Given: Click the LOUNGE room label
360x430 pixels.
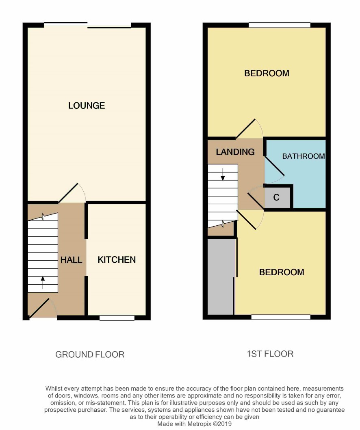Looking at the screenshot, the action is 87,106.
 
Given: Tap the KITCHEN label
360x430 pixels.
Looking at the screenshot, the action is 117,260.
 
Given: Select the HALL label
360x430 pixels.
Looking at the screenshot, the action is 72,260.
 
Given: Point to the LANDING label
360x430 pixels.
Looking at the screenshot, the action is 235,152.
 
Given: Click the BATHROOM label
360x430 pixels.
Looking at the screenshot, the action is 304,156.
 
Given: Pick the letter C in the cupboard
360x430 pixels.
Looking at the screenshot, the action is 276,197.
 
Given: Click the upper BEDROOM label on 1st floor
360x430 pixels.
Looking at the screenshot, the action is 267,73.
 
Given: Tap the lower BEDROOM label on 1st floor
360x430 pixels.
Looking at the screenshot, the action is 282,272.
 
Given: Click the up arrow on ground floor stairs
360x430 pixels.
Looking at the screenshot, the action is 43,283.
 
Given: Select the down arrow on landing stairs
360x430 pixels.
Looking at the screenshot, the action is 223,175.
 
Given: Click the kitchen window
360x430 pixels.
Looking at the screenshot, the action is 117,318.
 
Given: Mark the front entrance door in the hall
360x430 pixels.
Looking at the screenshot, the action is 39,309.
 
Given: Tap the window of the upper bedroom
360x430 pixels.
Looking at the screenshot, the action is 280,25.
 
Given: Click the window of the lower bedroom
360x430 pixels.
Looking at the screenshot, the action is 281,317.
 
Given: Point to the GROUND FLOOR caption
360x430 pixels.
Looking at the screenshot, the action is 90,354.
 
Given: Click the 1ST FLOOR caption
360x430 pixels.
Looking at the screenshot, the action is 270,354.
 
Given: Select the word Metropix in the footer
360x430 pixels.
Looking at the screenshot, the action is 200,424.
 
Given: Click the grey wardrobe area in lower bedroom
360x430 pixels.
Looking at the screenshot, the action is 221,277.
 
